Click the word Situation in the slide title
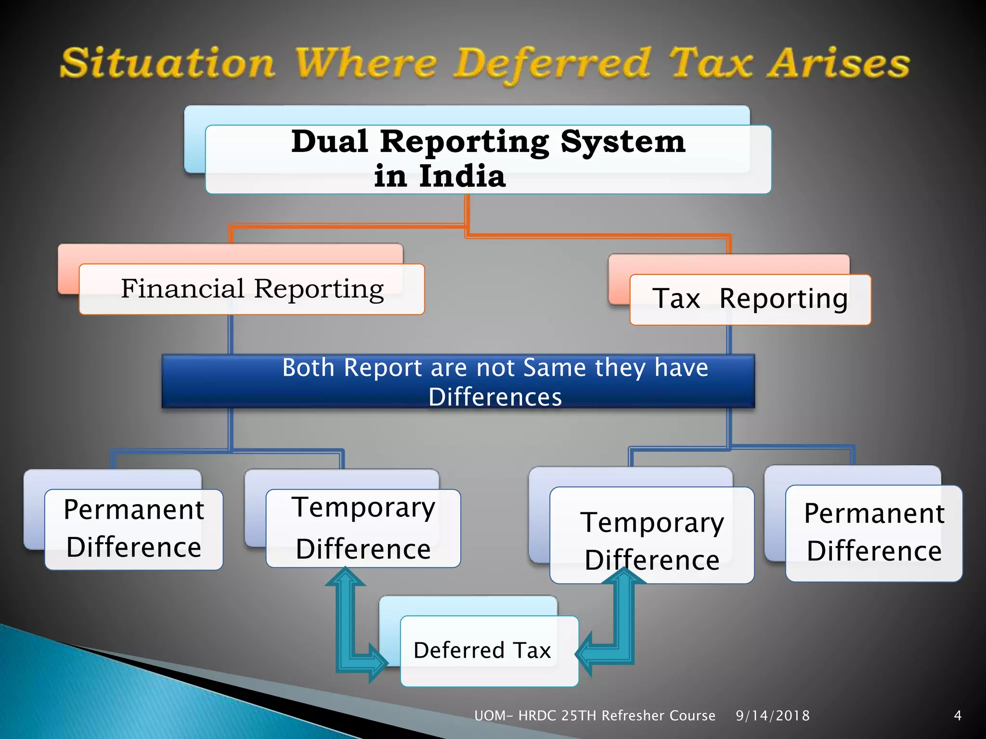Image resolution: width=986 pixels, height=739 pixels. click(x=168, y=64)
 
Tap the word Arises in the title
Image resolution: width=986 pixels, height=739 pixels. click(x=838, y=64)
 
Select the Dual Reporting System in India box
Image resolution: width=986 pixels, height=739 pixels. click(x=488, y=159)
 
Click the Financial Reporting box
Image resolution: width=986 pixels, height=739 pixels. click(x=252, y=289)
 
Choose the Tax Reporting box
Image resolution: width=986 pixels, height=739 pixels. click(x=750, y=299)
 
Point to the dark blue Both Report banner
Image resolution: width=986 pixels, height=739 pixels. click(x=458, y=381)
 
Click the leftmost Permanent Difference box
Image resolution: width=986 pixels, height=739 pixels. click(x=134, y=529)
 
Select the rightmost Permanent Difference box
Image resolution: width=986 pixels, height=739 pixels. click(x=873, y=533)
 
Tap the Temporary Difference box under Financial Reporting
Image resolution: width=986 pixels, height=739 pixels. click(x=363, y=528)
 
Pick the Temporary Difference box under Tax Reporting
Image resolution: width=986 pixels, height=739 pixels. click(x=651, y=535)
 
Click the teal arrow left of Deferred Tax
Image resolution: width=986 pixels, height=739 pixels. click(x=354, y=625)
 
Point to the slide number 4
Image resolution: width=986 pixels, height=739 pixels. click(x=958, y=716)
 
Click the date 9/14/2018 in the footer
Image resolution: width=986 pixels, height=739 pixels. click(x=772, y=716)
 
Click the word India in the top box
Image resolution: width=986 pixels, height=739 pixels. click(x=462, y=176)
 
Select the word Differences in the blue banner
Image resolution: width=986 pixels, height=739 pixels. click(x=495, y=397)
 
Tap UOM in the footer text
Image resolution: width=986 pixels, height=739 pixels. click(x=489, y=716)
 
